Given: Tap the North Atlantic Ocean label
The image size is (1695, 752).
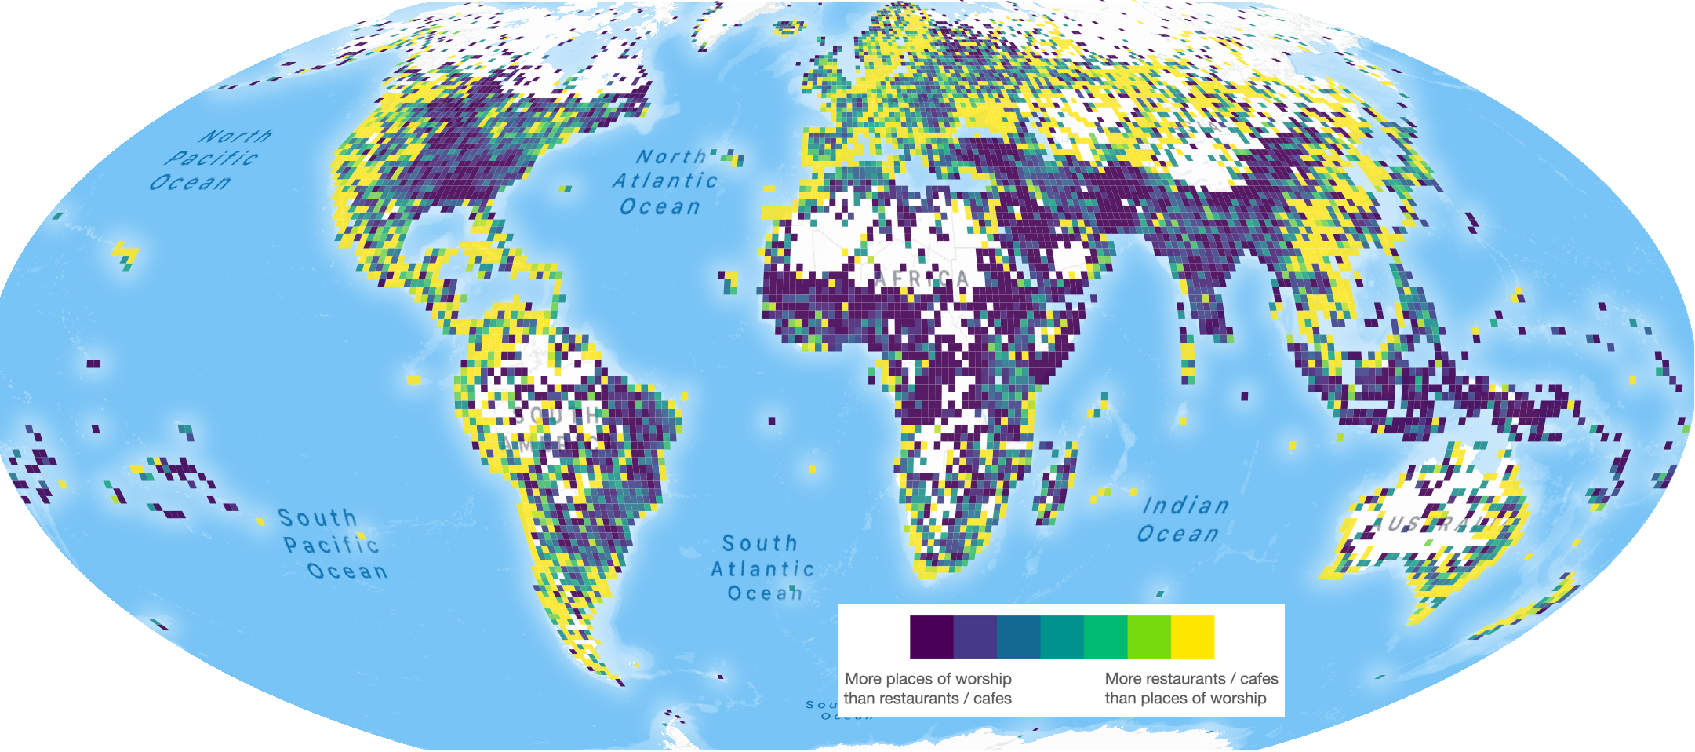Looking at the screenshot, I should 665,182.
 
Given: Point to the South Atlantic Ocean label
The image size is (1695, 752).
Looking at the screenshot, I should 762,568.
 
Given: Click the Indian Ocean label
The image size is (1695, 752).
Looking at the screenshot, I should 1182,520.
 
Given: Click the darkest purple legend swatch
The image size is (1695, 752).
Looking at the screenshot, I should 931,637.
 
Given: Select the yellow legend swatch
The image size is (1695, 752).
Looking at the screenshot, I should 1192,637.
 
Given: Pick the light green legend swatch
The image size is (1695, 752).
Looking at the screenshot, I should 1148,637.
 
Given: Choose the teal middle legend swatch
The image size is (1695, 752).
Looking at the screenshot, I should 1062,637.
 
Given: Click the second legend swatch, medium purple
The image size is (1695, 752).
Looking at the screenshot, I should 975,637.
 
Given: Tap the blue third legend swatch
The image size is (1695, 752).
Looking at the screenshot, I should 1018,637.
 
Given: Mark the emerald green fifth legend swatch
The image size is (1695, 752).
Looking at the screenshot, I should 1105,637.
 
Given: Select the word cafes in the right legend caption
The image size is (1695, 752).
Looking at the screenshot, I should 1259,679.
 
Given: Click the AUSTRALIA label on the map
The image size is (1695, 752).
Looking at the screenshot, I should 1431,524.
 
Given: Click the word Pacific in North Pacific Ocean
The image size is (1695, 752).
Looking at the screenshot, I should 212,159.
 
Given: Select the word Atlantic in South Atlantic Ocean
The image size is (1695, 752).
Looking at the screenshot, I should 762,569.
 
